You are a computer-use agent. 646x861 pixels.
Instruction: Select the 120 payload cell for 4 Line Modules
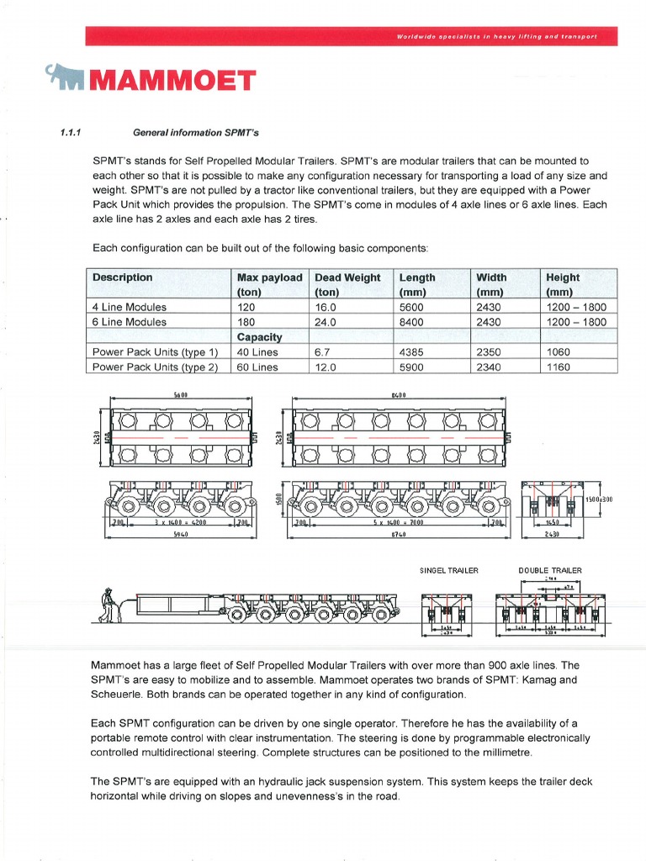click(246, 307)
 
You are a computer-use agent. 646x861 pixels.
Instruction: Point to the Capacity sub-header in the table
click(259, 336)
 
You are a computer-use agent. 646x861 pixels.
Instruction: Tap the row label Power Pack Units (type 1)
click(155, 352)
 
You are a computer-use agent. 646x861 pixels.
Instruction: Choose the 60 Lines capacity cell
click(257, 367)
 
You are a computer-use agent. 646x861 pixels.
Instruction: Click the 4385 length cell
click(413, 352)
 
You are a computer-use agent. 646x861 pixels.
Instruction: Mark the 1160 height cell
click(559, 367)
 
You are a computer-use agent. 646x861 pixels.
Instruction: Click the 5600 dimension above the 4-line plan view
click(180, 394)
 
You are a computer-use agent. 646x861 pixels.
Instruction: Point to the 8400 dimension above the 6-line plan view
click(399, 394)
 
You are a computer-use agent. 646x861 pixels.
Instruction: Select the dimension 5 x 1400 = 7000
click(400, 522)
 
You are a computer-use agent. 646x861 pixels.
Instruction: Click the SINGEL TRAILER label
click(449, 570)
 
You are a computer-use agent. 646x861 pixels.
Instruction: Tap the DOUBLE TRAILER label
click(550, 570)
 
